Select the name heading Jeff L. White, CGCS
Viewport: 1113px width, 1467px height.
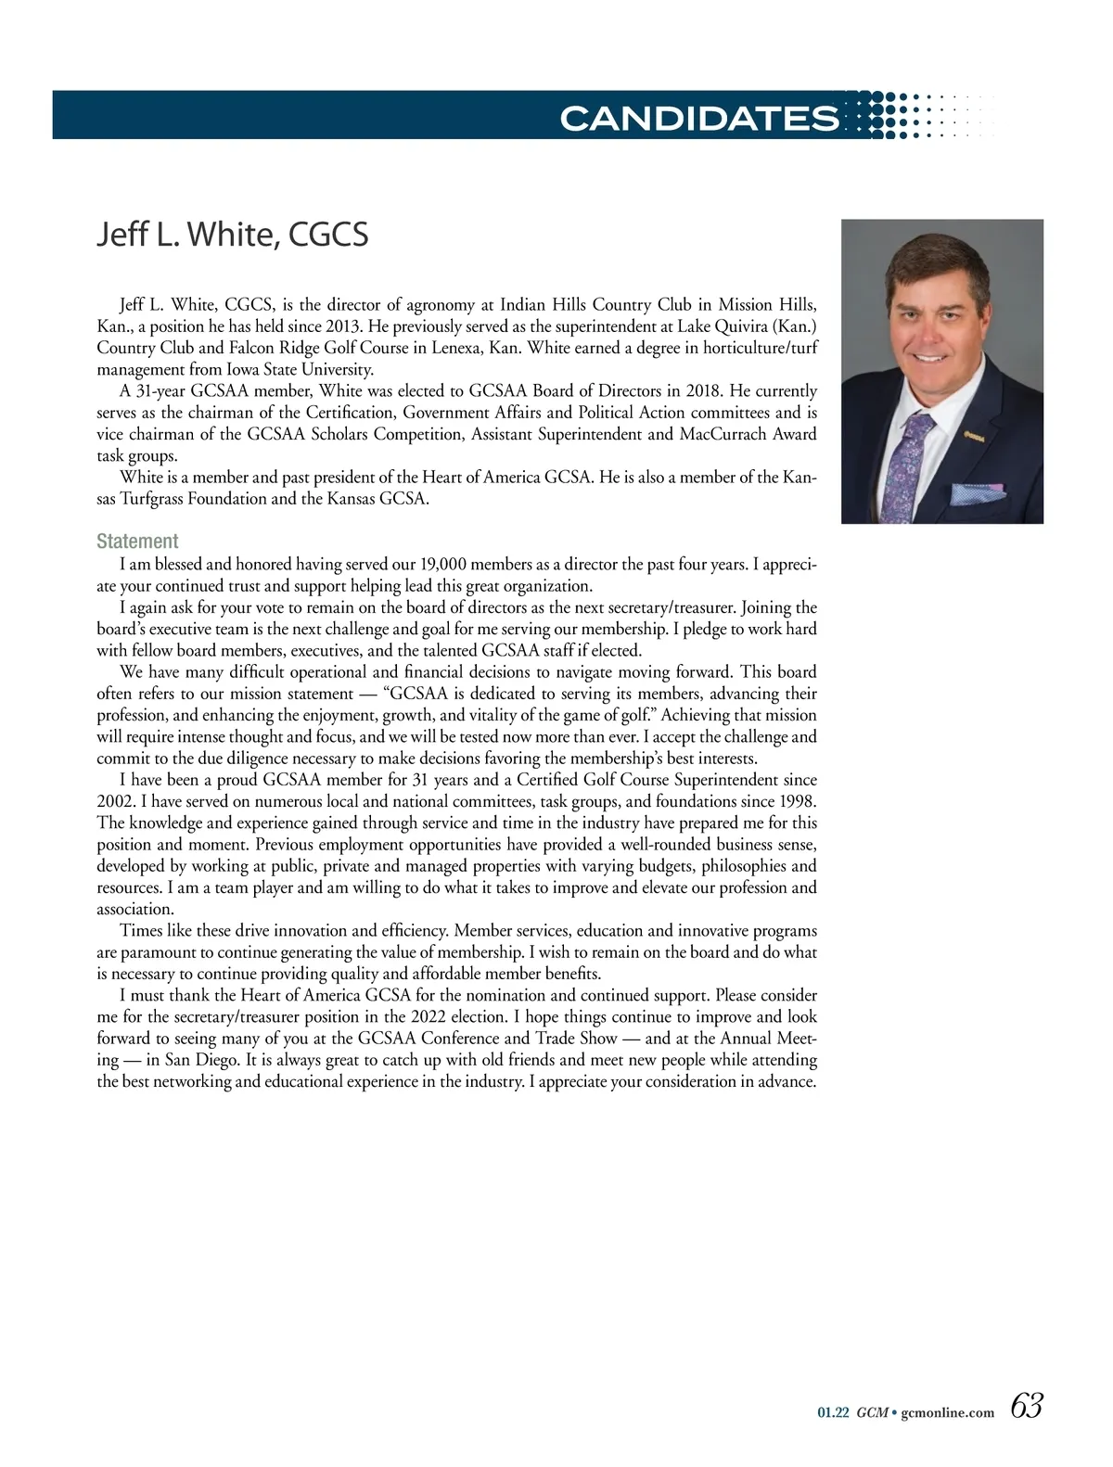(233, 235)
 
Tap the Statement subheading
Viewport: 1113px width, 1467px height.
(137, 541)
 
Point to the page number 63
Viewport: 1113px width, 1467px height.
(1027, 1406)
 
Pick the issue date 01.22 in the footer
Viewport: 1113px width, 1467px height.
(833, 1412)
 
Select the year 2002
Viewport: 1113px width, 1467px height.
(117, 801)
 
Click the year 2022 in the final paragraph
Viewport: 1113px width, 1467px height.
(430, 1017)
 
